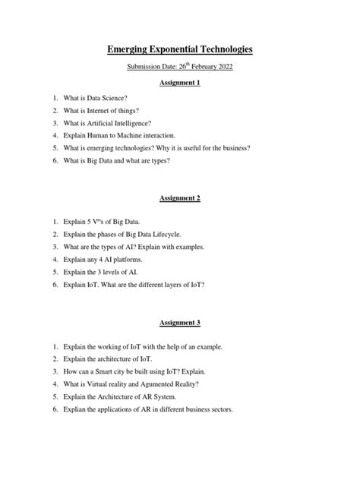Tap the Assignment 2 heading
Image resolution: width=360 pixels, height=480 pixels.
tap(179, 198)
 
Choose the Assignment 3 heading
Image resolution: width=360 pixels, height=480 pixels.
tap(179, 323)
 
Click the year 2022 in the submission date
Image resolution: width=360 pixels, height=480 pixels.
tap(226, 68)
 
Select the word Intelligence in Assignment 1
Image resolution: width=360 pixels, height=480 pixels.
tap(137, 122)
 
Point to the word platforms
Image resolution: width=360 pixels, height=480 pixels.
tap(129, 260)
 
